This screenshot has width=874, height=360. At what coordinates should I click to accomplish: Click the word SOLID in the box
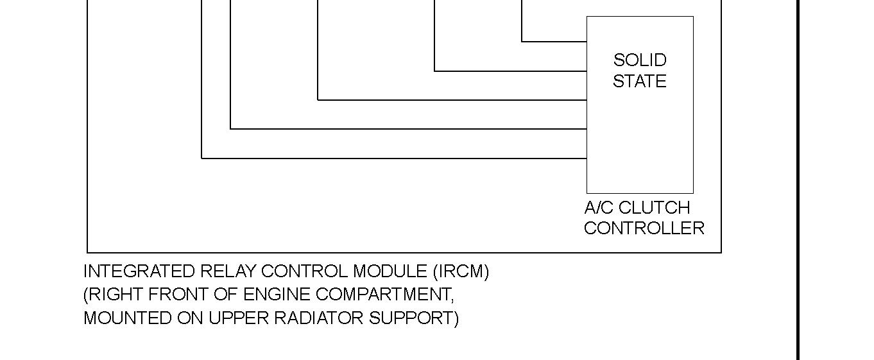pos(640,60)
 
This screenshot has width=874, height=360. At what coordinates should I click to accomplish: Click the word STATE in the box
pos(640,81)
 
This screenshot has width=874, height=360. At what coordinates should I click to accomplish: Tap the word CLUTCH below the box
pos(655,208)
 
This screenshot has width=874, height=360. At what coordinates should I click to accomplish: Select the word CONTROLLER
pos(644,228)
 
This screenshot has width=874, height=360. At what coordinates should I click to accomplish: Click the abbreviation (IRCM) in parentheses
pos(461,271)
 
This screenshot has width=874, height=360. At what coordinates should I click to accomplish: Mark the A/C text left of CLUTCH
pos(599,208)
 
